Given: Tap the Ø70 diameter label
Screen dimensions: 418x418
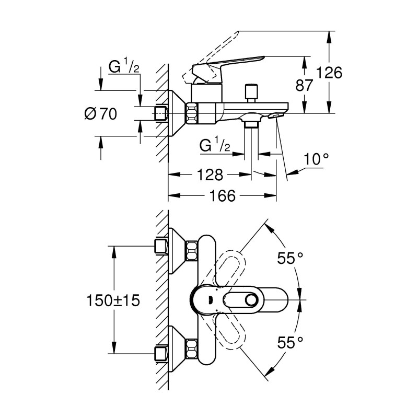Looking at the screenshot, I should point(100,113).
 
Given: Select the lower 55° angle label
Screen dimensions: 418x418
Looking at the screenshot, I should point(291,343).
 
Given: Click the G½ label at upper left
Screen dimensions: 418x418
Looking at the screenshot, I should point(123,67).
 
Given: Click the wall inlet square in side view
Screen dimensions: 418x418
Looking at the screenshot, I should point(161,113).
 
